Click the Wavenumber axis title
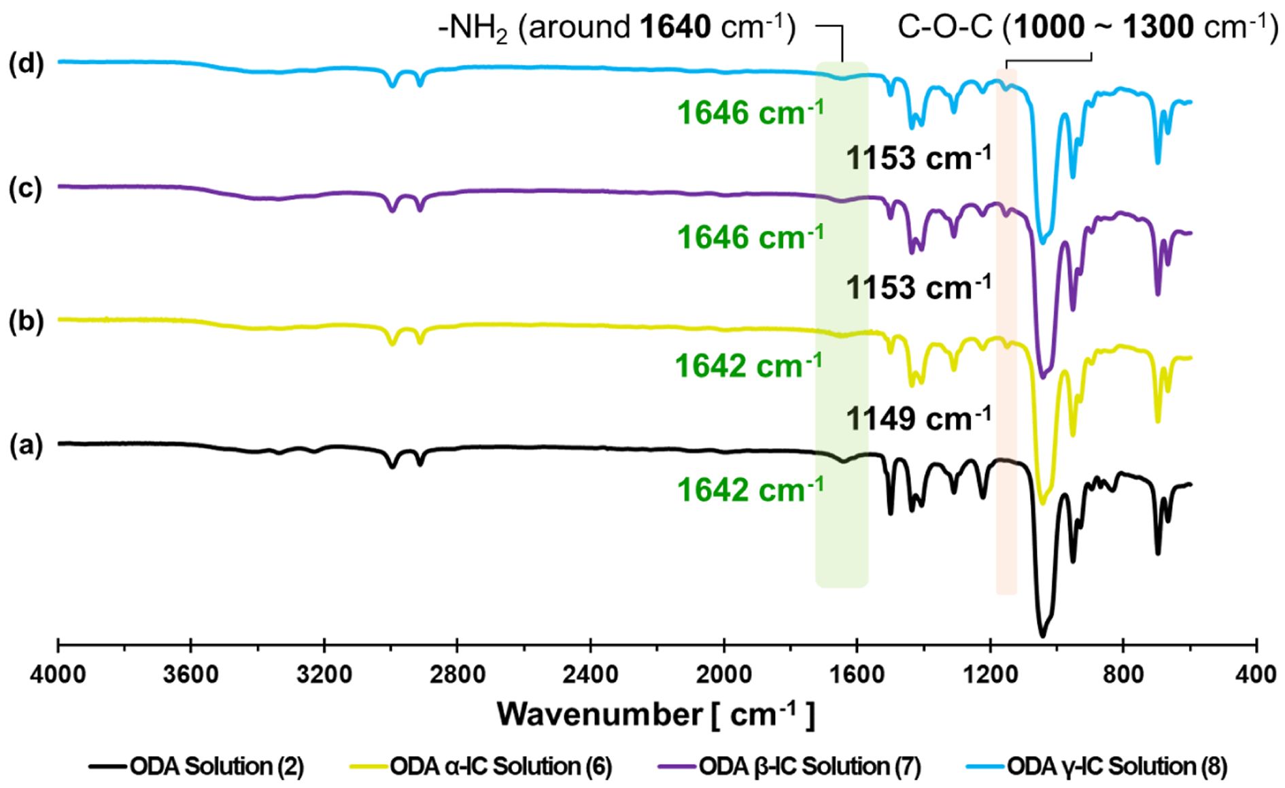(x=655, y=715)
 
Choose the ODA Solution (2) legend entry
(x=216, y=767)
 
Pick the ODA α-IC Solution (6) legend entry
(x=500, y=767)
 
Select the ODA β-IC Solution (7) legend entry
(x=810, y=767)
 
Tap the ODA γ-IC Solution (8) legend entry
(x=1116, y=767)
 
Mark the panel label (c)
(x=26, y=188)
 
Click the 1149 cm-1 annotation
(x=918, y=417)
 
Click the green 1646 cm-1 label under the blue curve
(x=751, y=112)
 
